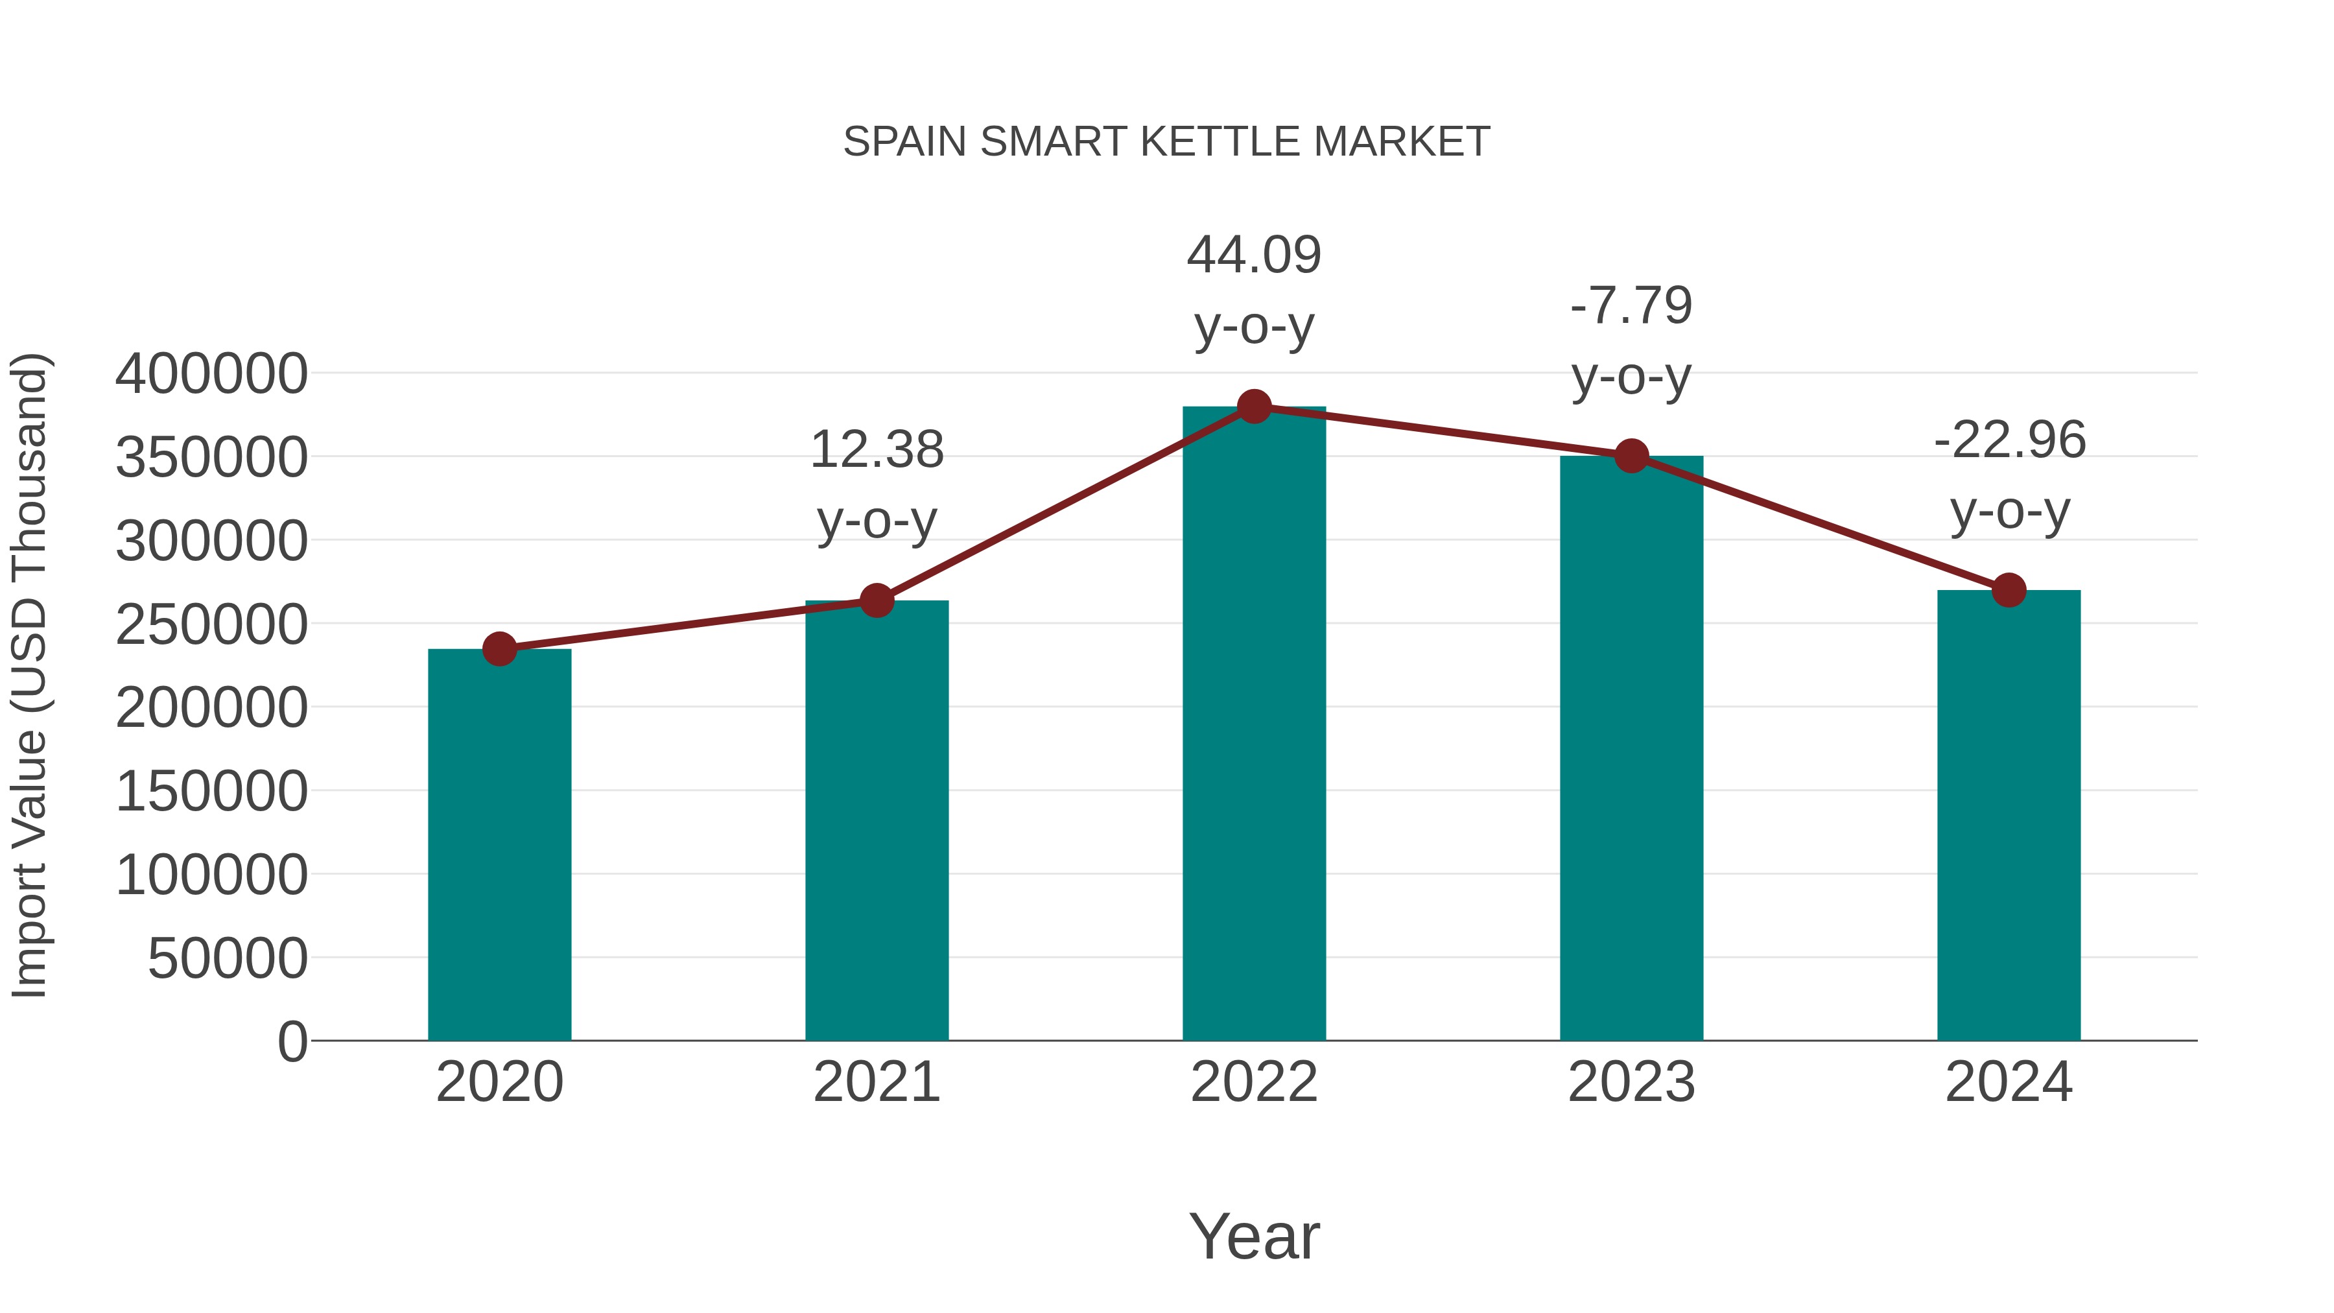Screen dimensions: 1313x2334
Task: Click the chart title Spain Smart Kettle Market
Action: (1166, 142)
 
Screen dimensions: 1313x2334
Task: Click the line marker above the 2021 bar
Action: (876, 600)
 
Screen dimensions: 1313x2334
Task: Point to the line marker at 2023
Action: (1631, 456)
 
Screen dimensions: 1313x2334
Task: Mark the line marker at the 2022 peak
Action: (1254, 407)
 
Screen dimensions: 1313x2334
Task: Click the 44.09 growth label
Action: (1254, 255)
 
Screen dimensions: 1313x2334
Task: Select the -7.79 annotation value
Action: (1631, 305)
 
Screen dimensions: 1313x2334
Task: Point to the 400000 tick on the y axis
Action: (211, 373)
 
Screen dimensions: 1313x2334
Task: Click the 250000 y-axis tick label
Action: (211, 624)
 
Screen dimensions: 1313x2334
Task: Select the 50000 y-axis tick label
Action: (228, 959)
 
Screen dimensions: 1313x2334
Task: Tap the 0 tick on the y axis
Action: (292, 1042)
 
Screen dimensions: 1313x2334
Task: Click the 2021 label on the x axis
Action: (876, 1082)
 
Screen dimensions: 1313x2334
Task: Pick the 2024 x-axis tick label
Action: (2009, 1082)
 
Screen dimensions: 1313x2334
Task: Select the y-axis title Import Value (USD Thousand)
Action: (29, 675)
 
